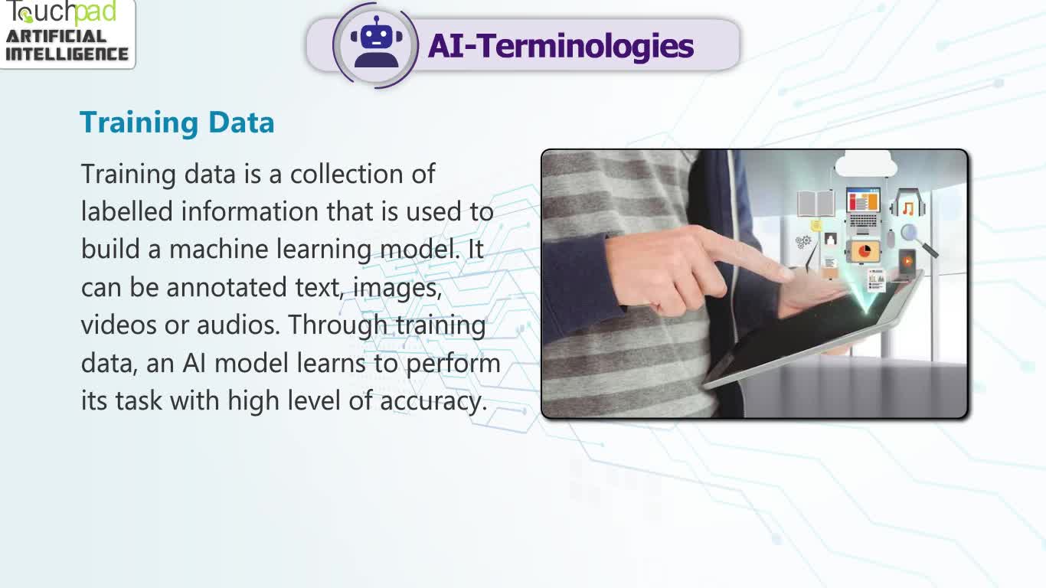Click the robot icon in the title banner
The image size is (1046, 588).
point(377,43)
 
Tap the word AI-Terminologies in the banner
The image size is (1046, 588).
point(561,46)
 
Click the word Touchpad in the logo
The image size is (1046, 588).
point(61,12)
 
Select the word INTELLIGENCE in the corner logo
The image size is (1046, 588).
point(67,54)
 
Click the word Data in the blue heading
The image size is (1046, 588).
point(241,122)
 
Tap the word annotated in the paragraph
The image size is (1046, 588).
point(227,287)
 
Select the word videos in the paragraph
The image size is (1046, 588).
point(119,325)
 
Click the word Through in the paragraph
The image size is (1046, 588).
point(338,325)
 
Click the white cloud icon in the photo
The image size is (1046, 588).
point(865,164)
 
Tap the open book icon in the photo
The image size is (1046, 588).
point(816,203)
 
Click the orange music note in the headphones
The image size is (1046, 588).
point(908,208)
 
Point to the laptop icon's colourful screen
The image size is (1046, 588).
point(863,201)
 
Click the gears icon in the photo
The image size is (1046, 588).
point(803,242)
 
